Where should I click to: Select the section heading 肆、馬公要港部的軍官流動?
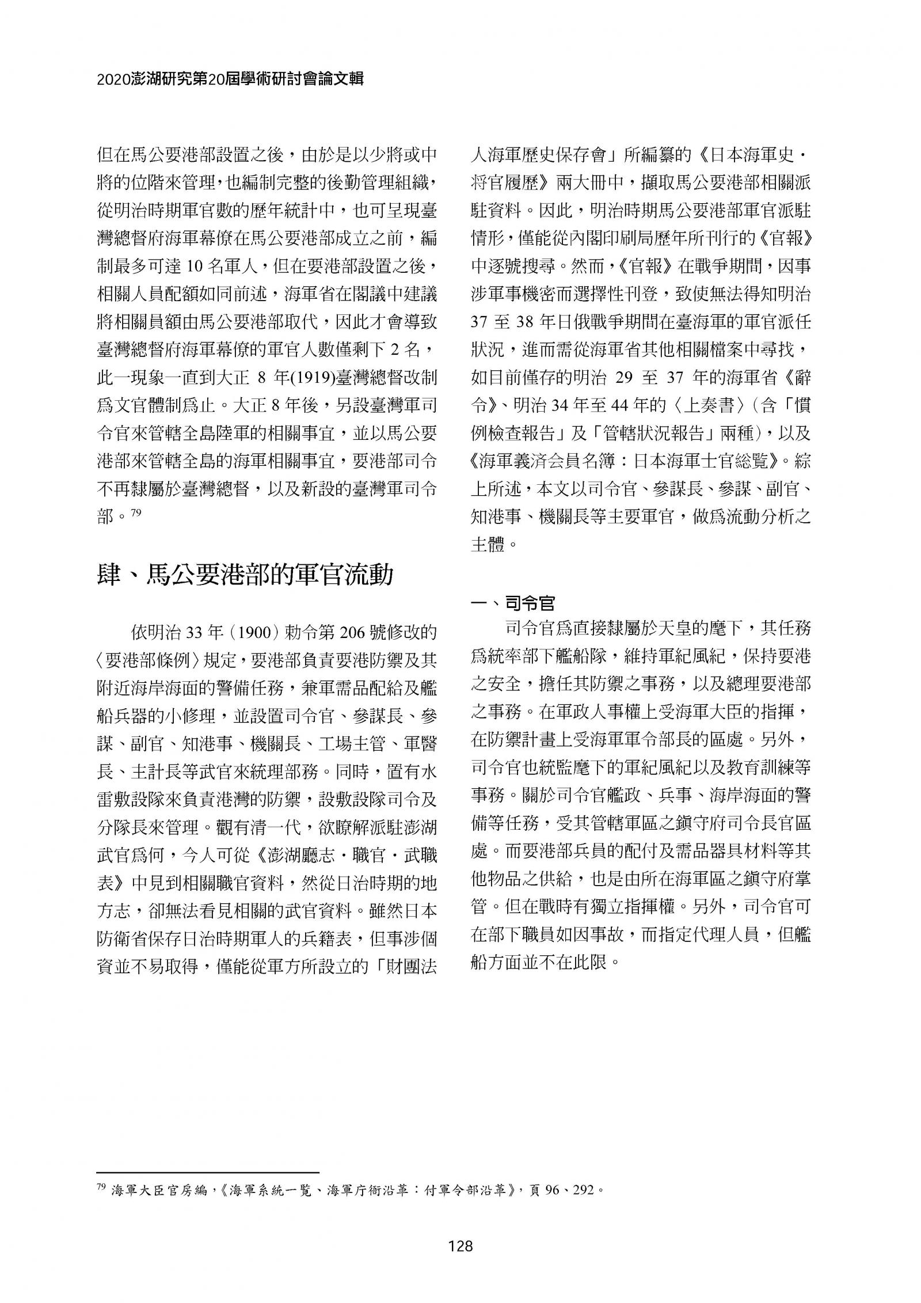point(244,575)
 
